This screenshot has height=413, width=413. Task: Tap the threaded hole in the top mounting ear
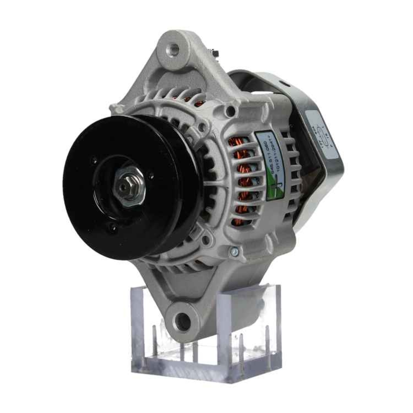tap(173, 50)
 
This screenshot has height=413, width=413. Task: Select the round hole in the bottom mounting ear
tap(182, 320)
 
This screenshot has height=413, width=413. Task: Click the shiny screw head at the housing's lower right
tap(234, 250)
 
